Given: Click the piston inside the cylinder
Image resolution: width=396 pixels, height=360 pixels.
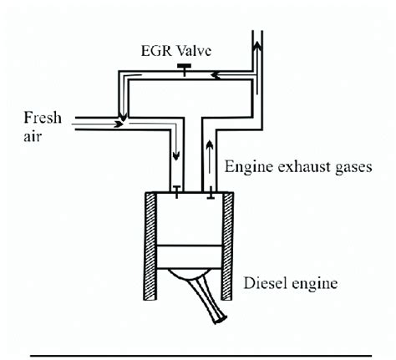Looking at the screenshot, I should tap(186, 256).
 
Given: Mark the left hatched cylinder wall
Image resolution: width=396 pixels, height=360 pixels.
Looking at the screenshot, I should tap(141, 247).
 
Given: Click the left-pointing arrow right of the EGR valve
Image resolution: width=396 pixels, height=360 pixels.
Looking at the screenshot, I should tap(218, 74).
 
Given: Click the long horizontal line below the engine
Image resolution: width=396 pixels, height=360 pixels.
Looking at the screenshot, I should tap(201, 354).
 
